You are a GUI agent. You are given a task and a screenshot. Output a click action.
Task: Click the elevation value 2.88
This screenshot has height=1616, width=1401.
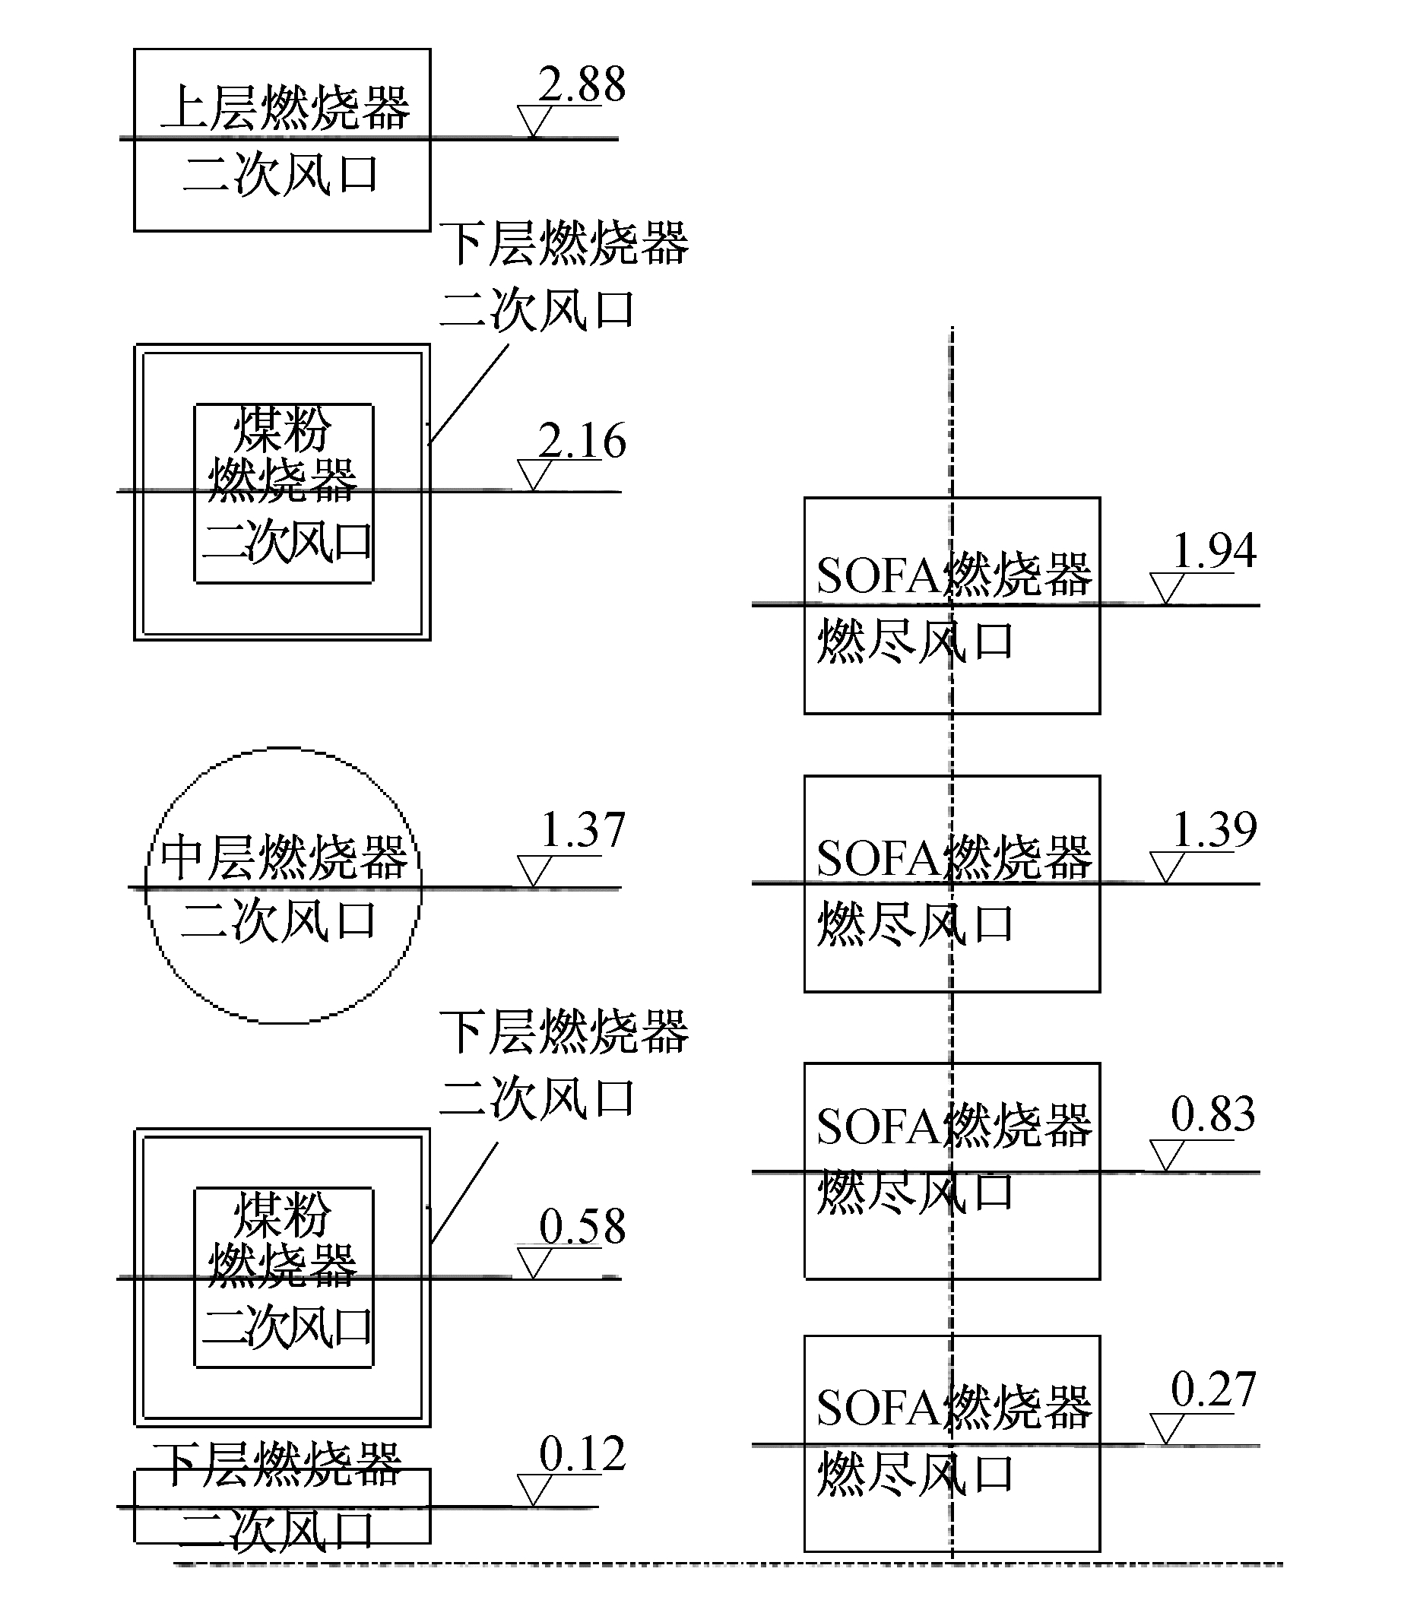(x=582, y=84)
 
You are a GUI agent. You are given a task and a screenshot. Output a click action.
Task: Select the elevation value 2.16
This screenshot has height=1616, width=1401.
(x=582, y=440)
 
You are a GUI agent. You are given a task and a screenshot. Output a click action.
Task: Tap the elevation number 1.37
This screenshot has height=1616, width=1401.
(x=583, y=829)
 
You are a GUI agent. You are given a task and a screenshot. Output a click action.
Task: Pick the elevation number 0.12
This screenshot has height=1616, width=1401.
(x=582, y=1454)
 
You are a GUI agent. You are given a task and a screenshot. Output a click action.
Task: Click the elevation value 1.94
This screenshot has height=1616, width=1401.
(x=1214, y=550)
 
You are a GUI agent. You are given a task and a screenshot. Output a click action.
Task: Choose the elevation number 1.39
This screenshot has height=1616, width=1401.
(x=1214, y=829)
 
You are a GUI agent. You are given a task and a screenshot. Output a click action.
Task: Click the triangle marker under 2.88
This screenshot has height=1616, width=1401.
(x=534, y=122)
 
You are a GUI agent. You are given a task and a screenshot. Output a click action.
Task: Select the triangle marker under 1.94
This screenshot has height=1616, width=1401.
(x=1165, y=588)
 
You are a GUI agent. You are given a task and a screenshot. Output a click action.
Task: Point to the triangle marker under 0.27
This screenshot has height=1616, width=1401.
(x=1165, y=1428)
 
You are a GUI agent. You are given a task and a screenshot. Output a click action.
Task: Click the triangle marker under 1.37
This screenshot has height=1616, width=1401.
(x=534, y=871)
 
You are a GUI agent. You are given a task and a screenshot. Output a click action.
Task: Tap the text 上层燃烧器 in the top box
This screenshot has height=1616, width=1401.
(x=285, y=107)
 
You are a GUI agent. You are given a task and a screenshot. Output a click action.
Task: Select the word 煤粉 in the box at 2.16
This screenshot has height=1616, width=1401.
(x=282, y=429)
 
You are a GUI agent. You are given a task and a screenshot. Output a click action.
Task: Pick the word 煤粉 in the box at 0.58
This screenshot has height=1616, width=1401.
(x=282, y=1214)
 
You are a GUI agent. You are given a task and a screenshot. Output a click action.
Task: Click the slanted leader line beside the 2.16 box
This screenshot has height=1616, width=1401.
(x=468, y=394)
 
